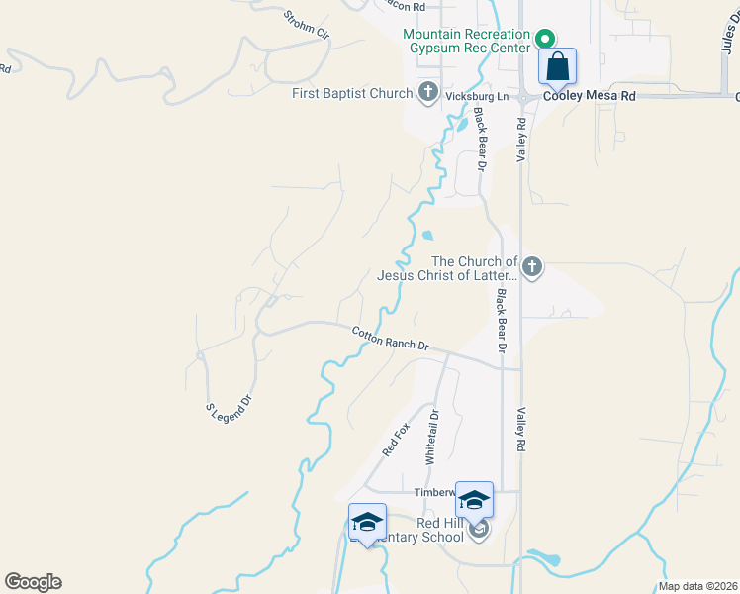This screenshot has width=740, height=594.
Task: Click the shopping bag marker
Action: (x=557, y=67)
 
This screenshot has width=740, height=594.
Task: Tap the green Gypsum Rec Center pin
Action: (x=543, y=40)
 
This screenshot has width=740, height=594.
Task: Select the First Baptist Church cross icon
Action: (x=427, y=93)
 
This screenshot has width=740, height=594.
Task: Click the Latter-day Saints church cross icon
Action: (x=532, y=266)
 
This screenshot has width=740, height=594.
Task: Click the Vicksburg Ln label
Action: (x=476, y=97)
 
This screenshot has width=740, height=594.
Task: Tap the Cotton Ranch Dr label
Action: (x=391, y=339)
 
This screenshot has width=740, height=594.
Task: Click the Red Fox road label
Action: (x=396, y=440)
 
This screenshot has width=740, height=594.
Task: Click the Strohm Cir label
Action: (x=306, y=24)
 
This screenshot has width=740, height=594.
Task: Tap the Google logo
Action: (x=33, y=582)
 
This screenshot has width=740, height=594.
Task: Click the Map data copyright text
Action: (x=697, y=586)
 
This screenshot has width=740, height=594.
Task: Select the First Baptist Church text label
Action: (x=352, y=93)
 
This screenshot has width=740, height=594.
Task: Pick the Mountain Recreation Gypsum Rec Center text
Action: (x=466, y=41)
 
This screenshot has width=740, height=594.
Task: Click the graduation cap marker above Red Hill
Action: (x=474, y=500)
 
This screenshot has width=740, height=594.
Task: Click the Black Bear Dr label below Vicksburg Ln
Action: (x=481, y=139)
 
